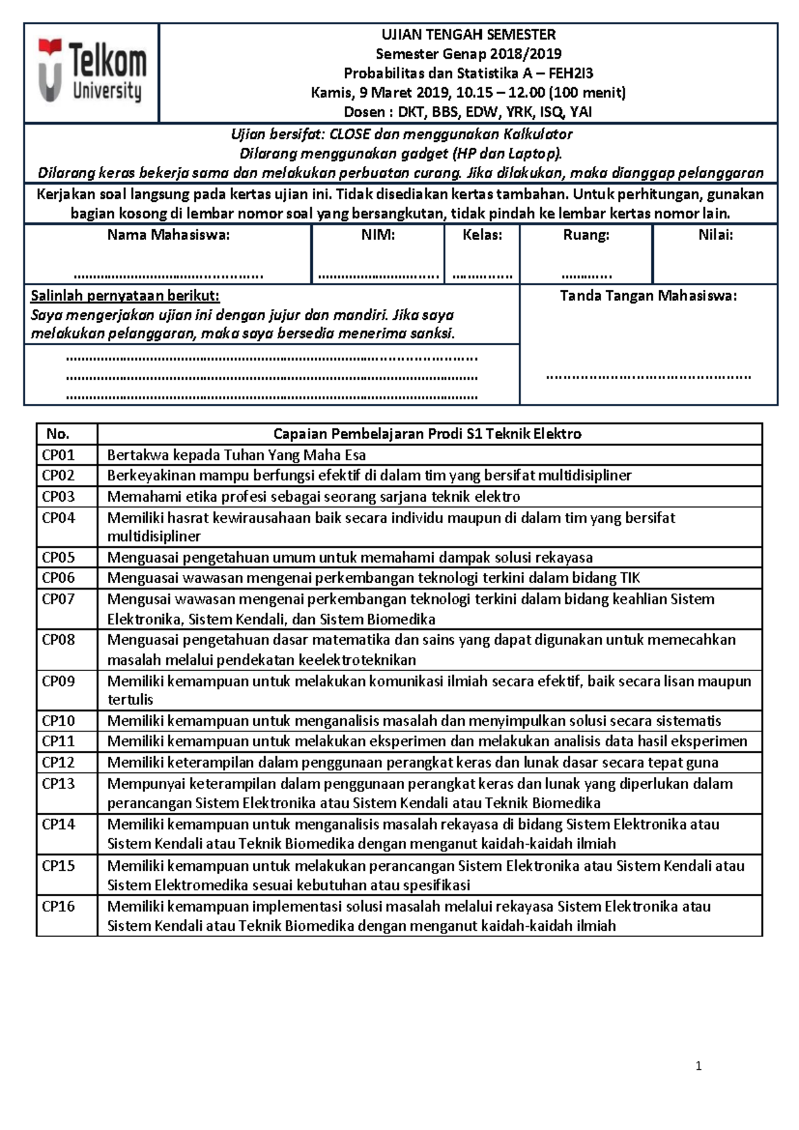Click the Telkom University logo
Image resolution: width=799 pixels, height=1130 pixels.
coord(92,72)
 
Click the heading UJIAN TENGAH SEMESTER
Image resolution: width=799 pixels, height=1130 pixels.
coord(468,35)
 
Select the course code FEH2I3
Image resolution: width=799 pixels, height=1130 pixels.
coord(571,73)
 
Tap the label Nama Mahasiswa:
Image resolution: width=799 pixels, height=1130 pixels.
coord(168,235)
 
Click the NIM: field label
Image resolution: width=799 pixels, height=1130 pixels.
coord(378,235)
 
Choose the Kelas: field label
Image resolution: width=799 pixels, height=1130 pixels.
coord(482,235)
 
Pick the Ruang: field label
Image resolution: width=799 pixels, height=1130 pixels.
coord(586,235)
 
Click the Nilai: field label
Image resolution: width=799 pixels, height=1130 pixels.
coord(715,235)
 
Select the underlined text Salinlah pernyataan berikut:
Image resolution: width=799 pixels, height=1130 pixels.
coord(125,296)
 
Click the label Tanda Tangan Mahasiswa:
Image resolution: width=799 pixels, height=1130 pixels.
coord(648,296)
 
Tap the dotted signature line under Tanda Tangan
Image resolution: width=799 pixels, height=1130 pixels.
coord(648,376)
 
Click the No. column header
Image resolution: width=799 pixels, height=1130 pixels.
coord(58,434)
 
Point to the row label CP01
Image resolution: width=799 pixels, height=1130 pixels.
coord(59,455)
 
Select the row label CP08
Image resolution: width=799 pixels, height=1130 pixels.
coord(59,640)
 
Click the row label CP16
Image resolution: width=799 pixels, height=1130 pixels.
coord(59,906)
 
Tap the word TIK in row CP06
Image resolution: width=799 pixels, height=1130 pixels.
coord(630,578)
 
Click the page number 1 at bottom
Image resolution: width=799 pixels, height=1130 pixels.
coord(698,1066)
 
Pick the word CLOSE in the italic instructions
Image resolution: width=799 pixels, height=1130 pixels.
coord(350,134)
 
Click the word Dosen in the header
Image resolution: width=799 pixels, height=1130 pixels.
coord(364,112)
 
